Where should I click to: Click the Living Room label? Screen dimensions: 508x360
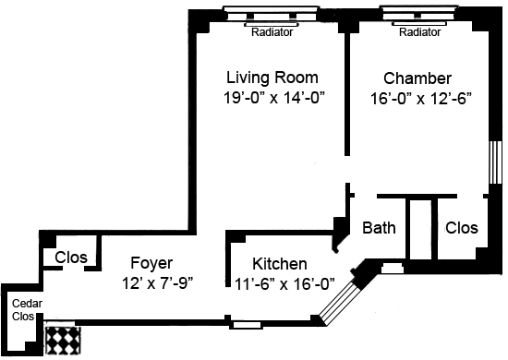(x=272, y=78)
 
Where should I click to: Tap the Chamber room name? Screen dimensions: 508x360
(x=417, y=78)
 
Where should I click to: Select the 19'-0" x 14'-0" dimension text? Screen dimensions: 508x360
(x=274, y=98)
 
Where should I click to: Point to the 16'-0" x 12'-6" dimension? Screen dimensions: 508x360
(x=420, y=99)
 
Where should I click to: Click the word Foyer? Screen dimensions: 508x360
(x=151, y=263)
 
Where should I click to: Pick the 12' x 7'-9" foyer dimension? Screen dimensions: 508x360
(x=157, y=283)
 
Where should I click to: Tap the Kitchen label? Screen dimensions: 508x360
(x=280, y=264)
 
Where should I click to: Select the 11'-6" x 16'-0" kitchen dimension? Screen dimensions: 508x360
(x=284, y=284)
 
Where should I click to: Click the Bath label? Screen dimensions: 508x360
(x=379, y=228)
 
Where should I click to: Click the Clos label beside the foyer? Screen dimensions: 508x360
(x=71, y=258)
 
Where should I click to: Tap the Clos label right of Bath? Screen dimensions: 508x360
(x=461, y=228)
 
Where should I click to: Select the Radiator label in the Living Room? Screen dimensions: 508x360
(x=272, y=32)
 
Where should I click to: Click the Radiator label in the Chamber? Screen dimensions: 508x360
(x=419, y=32)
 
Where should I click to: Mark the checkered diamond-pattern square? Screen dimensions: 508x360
(x=63, y=341)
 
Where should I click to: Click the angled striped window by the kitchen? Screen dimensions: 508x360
(x=339, y=303)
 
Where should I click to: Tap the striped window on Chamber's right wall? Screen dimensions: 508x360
(x=495, y=162)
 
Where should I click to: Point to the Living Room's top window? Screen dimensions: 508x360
(x=272, y=14)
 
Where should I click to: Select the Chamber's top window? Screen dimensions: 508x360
(x=419, y=13)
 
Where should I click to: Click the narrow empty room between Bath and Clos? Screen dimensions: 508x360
(x=421, y=229)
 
